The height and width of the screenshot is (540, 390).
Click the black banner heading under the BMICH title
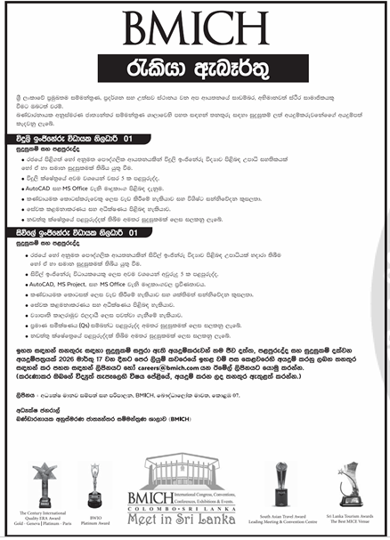pos(194,65)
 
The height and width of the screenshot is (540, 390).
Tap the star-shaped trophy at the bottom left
pos(39,477)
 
